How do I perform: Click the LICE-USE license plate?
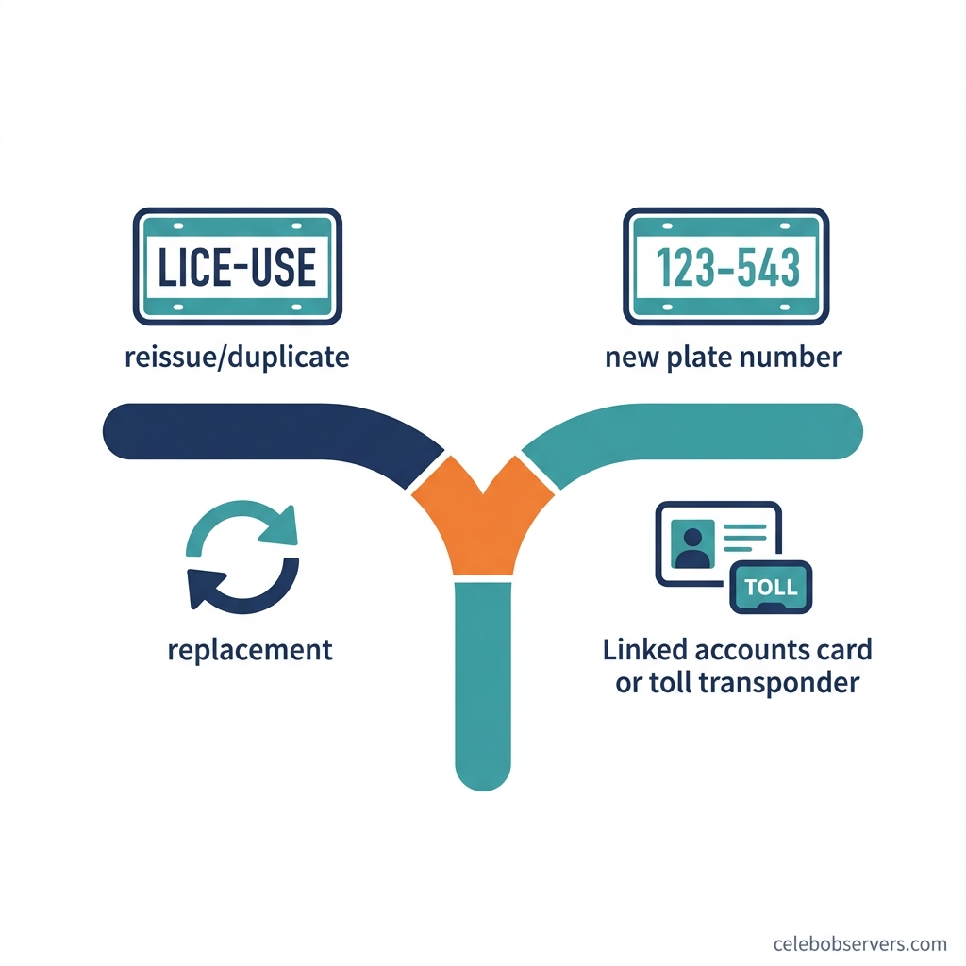pyautogui.click(x=237, y=266)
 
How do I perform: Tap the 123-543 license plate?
pyautogui.click(x=725, y=266)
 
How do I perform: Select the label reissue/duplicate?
pyautogui.click(x=237, y=358)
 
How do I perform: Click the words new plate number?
pyautogui.click(x=724, y=358)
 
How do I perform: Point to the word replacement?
pyautogui.click(x=250, y=651)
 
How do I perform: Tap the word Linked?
pyautogui.click(x=644, y=649)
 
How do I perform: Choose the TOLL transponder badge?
pyautogui.click(x=771, y=587)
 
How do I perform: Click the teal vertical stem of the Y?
pyautogui.click(x=483, y=684)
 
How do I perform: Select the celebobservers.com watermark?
pyautogui.click(x=860, y=943)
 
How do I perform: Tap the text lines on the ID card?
pyautogui.click(x=745, y=538)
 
